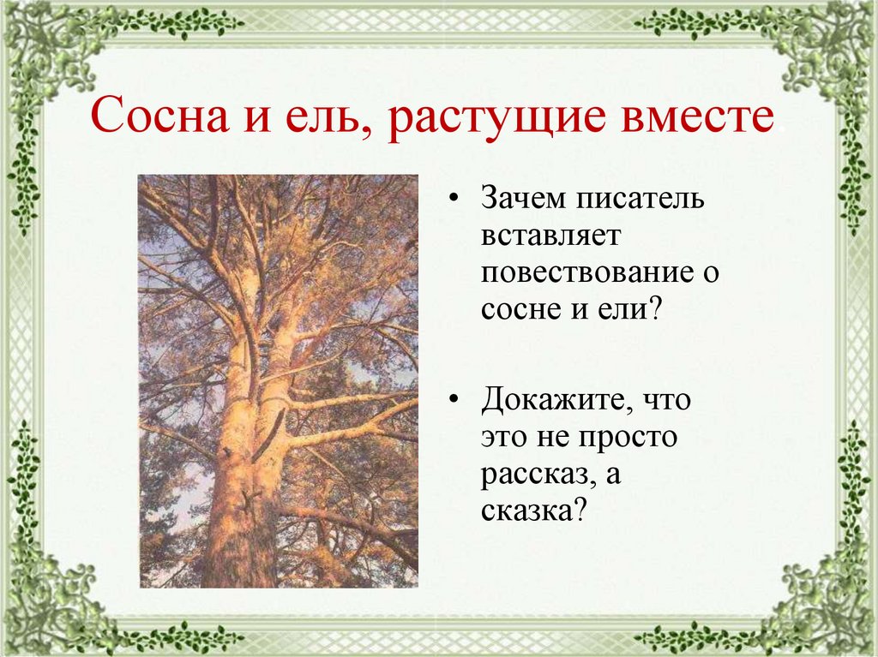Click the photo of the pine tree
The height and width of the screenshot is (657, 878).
click(278, 380)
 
